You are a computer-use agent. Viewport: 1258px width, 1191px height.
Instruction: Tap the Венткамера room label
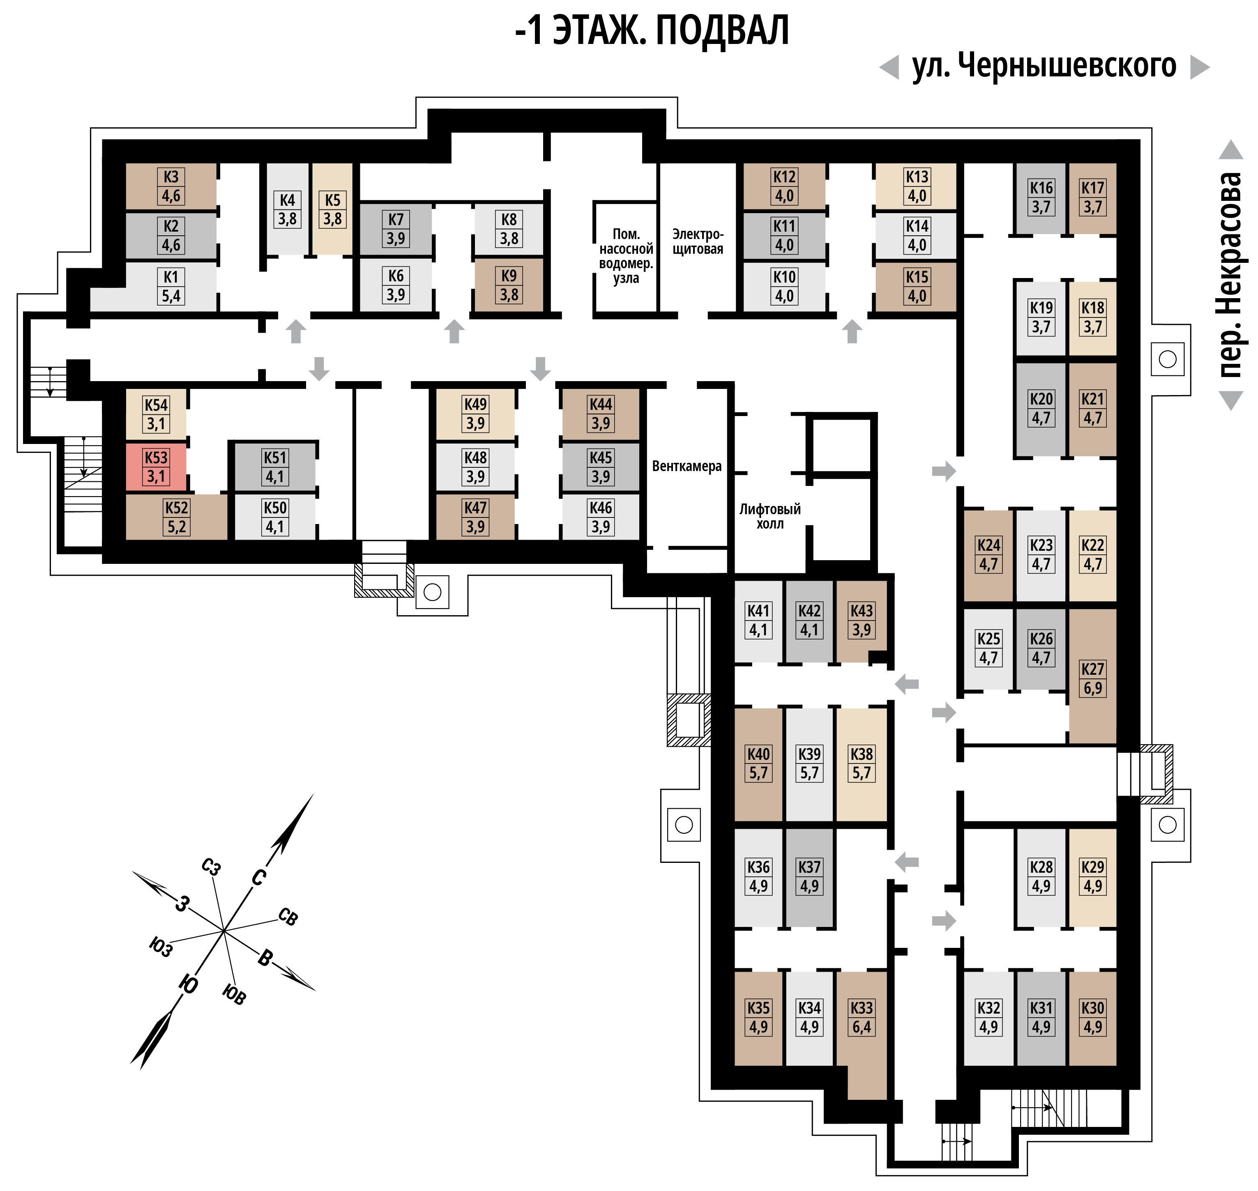687,466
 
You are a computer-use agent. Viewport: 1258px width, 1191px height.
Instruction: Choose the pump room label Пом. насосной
626,241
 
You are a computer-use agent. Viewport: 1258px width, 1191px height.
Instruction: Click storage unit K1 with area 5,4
171,286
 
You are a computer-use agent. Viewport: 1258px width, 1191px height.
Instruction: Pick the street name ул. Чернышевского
1044,65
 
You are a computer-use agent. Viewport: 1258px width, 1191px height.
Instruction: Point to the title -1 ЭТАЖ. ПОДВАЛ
652,30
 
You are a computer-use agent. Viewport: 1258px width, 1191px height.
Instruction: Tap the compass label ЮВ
234,995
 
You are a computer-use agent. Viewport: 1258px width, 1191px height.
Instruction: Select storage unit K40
758,764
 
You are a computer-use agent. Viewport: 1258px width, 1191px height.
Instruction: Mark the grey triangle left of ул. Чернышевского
890,67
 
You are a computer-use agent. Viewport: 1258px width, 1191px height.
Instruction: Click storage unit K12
784,186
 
